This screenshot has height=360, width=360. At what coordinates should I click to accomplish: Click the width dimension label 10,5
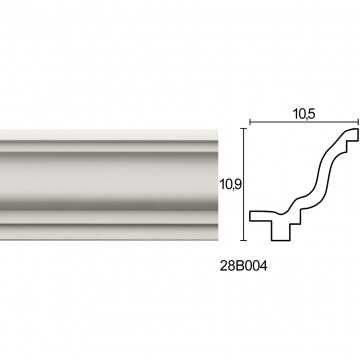[x=304, y=114]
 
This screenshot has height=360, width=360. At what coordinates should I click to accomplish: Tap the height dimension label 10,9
[x=230, y=184]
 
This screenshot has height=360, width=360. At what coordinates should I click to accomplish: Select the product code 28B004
[x=243, y=266]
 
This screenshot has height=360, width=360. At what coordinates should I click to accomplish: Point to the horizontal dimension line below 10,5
[x=304, y=123]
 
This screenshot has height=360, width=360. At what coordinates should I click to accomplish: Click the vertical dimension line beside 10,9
[x=245, y=184]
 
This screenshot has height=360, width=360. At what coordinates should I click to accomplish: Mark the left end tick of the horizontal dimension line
[x=250, y=123]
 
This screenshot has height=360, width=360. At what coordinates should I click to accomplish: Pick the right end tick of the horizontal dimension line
[x=358, y=123]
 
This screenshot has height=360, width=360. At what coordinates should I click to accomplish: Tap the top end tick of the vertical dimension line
[x=245, y=128]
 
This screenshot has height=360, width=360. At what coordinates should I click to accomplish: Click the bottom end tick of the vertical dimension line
[x=245, y=240]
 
